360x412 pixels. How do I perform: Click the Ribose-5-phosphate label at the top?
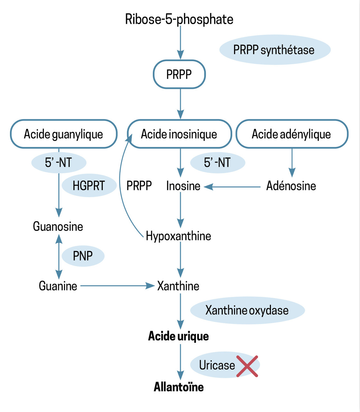[179, 19]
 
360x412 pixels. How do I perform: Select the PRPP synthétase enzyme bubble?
[274, 50]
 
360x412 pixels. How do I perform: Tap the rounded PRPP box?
[179, 74]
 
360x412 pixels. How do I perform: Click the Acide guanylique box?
[63, 134]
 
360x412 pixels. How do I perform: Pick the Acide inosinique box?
[179, 134]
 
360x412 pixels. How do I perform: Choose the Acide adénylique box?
[291, 134]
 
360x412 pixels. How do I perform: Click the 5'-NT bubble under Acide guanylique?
[59, 163]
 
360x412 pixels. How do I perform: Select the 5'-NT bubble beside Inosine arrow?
[217, 163]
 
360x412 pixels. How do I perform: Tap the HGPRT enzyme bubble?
[89, 186]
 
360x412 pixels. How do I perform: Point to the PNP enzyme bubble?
[83, 256]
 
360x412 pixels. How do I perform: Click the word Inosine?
[183, 186]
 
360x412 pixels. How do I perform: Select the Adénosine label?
[291, 186]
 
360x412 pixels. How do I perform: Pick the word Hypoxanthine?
[179, 236]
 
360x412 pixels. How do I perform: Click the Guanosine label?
[58, 227]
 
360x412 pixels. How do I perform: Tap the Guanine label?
[58, 286]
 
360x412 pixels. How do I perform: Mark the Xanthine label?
[178, 286]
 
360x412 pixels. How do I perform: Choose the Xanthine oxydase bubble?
[247, 310]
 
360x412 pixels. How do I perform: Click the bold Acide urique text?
[179, 336]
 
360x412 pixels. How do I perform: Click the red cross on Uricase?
[247, 366]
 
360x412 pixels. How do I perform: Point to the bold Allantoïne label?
[179, 387]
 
